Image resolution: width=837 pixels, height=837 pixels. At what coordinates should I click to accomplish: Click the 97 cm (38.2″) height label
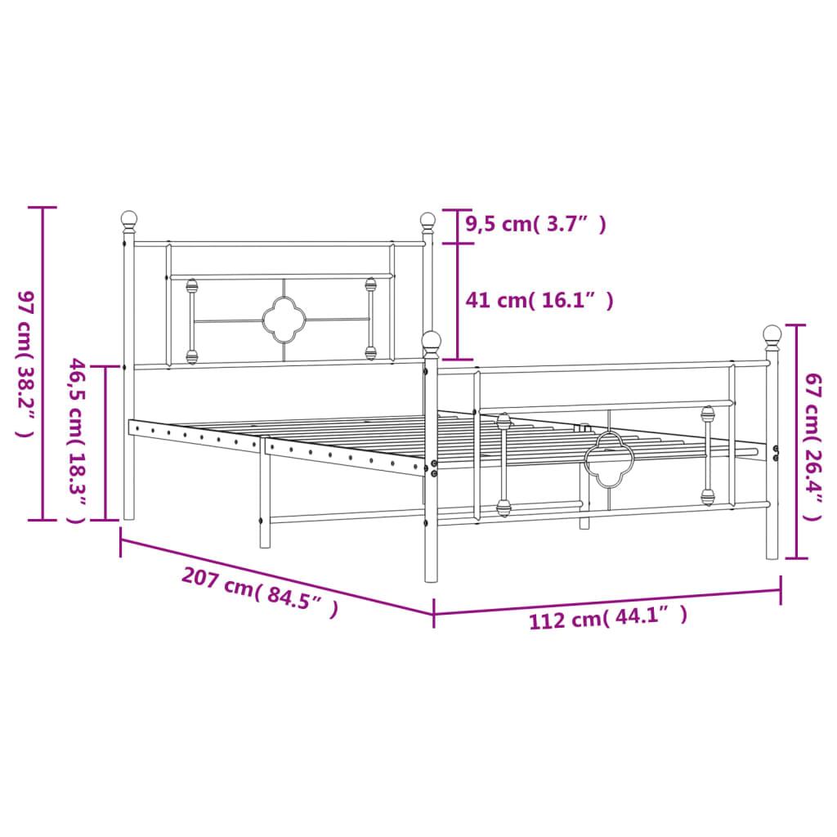tap(25, 364)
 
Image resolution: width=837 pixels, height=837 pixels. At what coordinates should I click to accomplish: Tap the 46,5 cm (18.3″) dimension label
tap(76, 441)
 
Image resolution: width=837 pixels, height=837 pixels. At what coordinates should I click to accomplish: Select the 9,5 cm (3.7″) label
tap(535, 224)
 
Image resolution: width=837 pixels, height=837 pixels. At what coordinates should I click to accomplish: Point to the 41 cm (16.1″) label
tap(539, 301)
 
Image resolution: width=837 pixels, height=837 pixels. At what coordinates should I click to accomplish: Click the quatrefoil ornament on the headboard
tap(283, 320)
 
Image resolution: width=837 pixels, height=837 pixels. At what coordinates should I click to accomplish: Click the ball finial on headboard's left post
tap(129, 219)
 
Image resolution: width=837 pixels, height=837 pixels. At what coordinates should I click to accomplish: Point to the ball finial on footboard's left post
tap(432, 340)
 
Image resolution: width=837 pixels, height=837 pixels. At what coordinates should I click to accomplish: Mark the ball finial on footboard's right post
tap(772, 333)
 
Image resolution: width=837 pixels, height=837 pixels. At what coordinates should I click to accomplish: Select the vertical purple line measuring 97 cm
tap(43, 364)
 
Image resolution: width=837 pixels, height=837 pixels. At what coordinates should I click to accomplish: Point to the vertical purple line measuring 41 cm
tap(456, 301)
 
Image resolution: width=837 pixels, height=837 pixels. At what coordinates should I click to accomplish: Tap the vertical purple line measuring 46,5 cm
tap(105, 442)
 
